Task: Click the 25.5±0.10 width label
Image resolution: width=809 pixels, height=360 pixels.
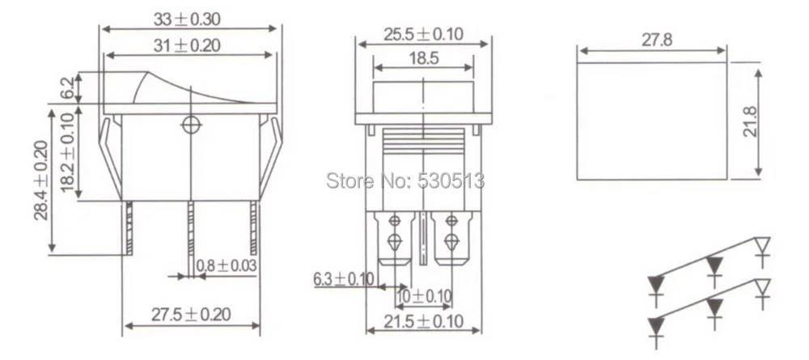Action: pos(423,34)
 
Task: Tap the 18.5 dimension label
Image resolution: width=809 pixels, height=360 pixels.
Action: pos(423,59)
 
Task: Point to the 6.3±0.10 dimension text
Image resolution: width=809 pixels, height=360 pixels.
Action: pos(344,280)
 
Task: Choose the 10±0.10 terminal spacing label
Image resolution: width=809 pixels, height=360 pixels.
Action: pos(424,296)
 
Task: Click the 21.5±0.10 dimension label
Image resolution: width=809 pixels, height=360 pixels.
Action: pos(424,321)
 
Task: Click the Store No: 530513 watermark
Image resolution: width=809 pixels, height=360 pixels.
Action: pos(405,180)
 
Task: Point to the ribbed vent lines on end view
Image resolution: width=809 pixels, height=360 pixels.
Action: pos(423,143)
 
